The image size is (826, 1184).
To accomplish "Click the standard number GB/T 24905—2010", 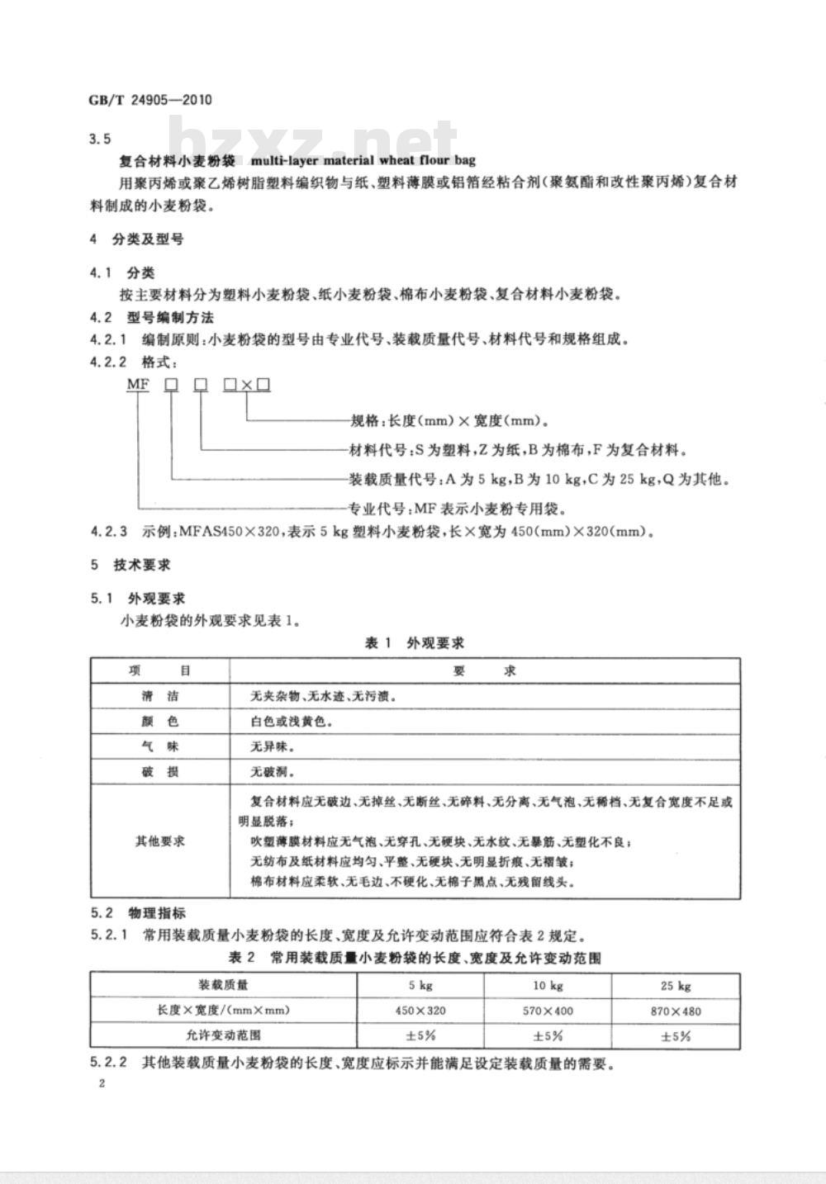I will coord(150,101).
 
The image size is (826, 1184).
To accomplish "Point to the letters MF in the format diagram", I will coord(136,385).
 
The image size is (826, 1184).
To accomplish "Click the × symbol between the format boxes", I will coord(248,385).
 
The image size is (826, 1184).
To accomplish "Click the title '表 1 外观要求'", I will coord(415,642).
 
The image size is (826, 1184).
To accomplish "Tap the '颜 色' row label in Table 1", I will coord(159,721).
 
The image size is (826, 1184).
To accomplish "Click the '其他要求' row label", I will coord(159,841).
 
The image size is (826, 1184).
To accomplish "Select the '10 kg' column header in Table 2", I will coord(548,985).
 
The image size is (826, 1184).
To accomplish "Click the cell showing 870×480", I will coord(676,1010).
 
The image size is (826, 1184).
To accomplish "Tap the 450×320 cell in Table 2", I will coord(420,1010).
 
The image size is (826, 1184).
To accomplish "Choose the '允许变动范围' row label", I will coord(223,1035).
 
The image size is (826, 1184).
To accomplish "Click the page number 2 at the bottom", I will coord(101,1084).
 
